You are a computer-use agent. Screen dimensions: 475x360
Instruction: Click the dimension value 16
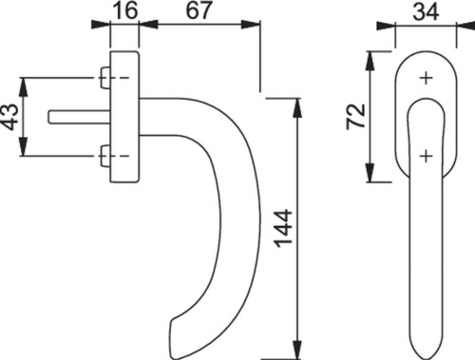(x=125, y=10)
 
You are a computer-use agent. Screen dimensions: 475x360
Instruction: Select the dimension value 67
(x=199, y=10)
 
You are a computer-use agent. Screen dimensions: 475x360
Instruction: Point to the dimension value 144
(x=283, y=229)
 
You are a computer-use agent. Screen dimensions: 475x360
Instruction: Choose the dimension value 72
(x=356, y=116)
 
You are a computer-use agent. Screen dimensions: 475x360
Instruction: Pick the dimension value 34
(x=426, y=11)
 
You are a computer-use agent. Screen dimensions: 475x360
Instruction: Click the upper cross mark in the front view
(x=427, y=78)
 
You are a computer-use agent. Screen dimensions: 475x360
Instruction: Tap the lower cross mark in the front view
(x=427, y=156)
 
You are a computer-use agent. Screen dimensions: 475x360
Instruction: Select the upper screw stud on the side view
(x=104, y=78)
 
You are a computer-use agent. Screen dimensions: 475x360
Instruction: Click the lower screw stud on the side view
(x=104, y=156)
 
